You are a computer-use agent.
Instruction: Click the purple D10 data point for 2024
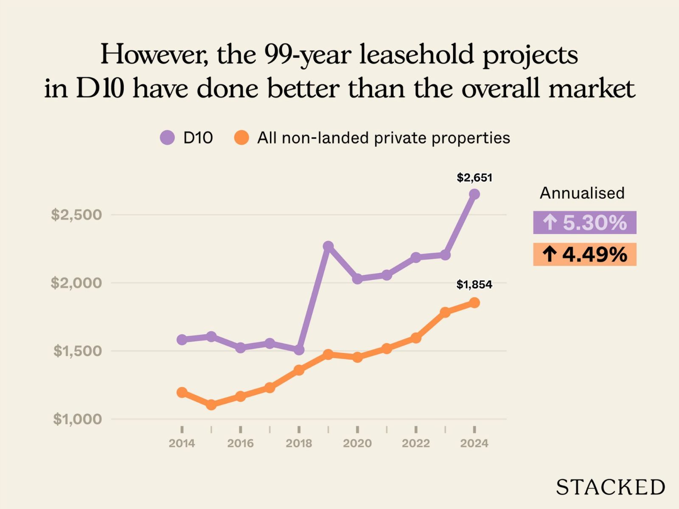pyautogui.click(x=474, y=194)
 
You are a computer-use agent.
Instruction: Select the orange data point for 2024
pyautogui.click(x=474, y=303)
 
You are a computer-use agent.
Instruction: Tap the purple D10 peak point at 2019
pyautogui.click(x=328, y=246)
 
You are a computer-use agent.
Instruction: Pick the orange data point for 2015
pyautogui.click(x=211, y=405)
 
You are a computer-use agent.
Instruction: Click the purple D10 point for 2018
pyautogui.click(x=299, y=350)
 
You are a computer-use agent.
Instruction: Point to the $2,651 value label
pyautogui.click(x=474, y=178)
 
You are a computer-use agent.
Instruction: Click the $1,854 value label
pyautogui.click(x=474, y=285)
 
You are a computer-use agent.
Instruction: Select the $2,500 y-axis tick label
pyautogui.click(x=76, y=215)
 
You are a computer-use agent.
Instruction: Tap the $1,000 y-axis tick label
pyautogui.click(x=77, y=419)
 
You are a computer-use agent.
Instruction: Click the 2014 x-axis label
pyautogui.click(x=182, y=443)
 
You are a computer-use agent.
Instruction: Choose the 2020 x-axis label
pyautogui.click(x=357, y=443)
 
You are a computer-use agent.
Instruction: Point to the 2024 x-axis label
pyautogui.click(x=474, y=443)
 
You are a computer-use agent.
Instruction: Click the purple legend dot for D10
pyautogui.click(x=167, y=138)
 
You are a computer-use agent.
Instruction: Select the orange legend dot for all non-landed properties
pyautogui.click(x=241, y=138)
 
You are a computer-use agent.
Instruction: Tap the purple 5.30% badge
pyautogui.click(x=585, y=223)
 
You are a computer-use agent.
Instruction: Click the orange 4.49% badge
pyautogui.click(x=585, y=255)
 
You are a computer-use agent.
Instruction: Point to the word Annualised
pyautogui.click(x=582, y=193)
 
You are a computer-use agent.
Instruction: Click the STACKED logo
pyautogui.click(x=610, y=487)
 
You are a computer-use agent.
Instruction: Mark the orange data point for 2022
pyautogui.click(x=416, y=338)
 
